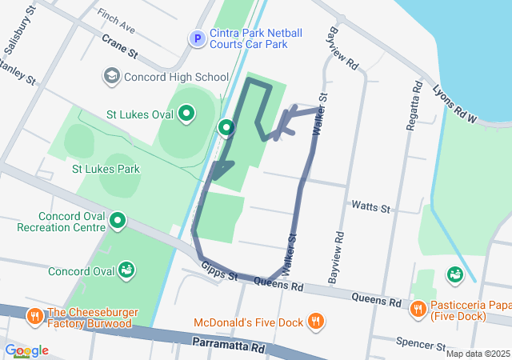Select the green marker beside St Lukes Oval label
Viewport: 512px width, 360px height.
click(x=186, y=114)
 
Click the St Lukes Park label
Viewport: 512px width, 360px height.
click(x=106, y=169)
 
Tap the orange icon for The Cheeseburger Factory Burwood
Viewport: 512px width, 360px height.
click(x=34, y=316)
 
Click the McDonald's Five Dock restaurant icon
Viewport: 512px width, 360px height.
click(x=316, y=322)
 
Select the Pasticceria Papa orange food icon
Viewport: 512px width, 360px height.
click(x=417, y=309)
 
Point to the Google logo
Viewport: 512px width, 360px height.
click(x=26, y=350)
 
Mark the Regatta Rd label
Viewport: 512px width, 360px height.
click(x=417, y=100)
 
